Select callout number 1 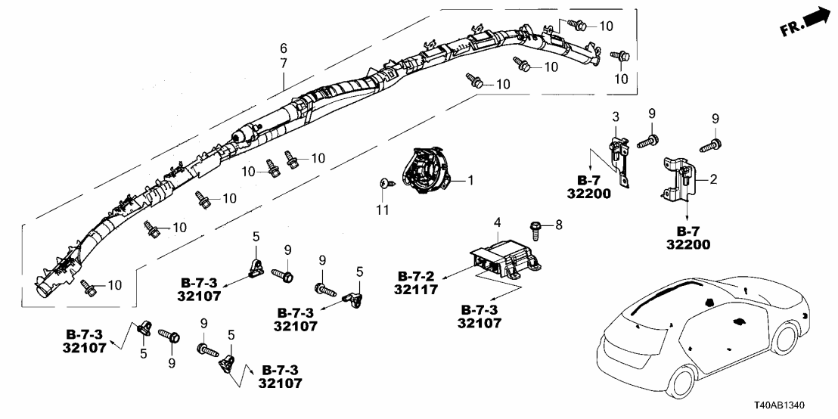[470, 181]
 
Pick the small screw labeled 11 [384, 183]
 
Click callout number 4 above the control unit [496, 222]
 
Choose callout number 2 [712, 181]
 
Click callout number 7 [284, 63]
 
